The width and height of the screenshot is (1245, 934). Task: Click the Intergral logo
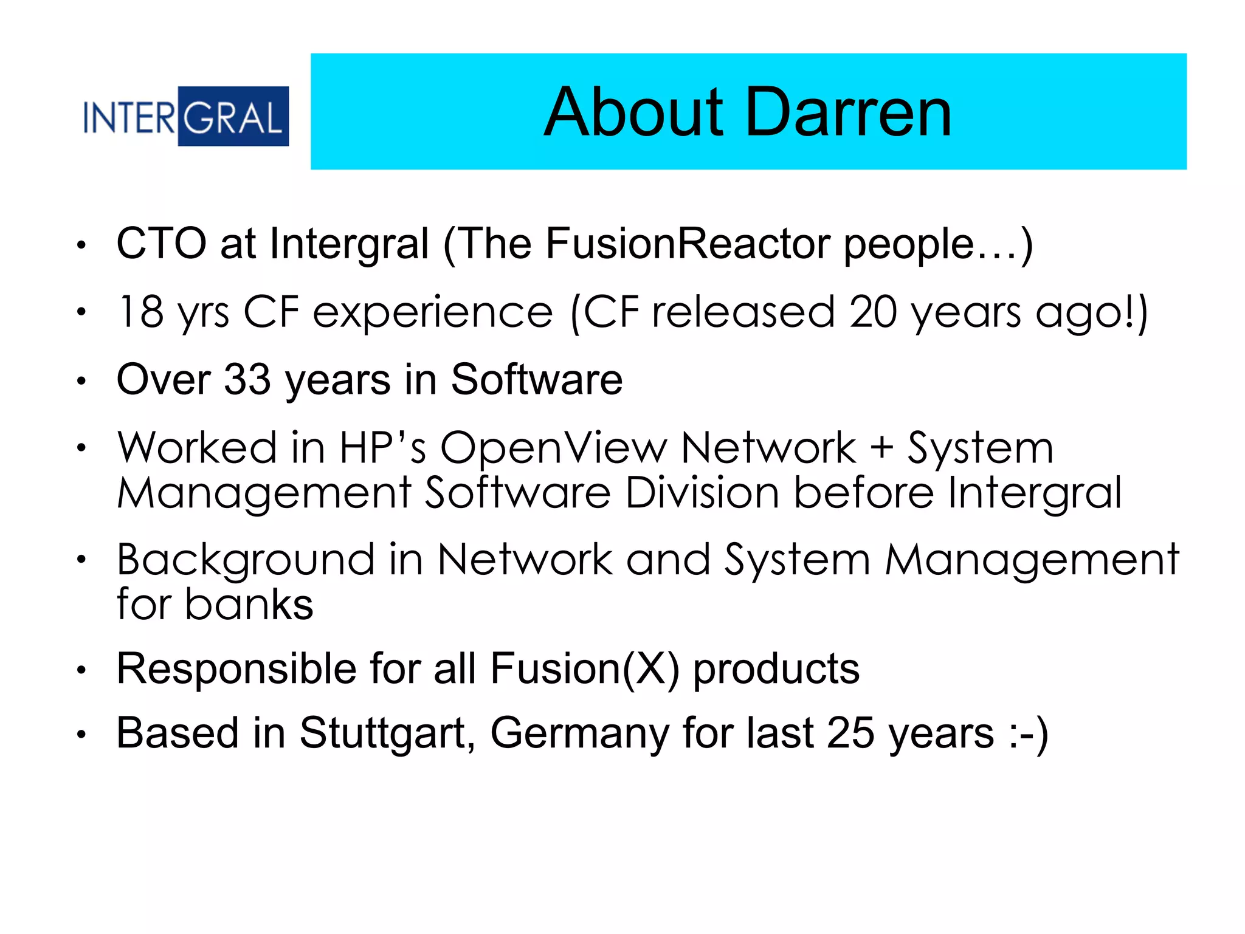click(185, 116)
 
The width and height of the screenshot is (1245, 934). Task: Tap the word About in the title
click(633, 113)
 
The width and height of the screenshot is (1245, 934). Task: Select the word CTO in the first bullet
click(161, 244)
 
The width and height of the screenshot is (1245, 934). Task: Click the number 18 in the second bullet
click(140, 312)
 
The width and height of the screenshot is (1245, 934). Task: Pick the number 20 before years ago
click(873, 312)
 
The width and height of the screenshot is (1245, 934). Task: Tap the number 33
click(247, 380)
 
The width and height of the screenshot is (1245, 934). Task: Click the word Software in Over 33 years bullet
click(536, 380)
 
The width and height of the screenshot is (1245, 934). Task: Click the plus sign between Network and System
click(881, 448)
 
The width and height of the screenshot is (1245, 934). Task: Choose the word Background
click(246, 560)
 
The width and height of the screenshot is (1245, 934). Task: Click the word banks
click(249, 605)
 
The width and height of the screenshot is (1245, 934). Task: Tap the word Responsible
click(236, 669)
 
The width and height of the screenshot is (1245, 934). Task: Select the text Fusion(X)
click(584, 669)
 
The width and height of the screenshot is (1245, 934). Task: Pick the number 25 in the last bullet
click(850, 733)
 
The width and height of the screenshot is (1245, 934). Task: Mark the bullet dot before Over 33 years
click(81, 382)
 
